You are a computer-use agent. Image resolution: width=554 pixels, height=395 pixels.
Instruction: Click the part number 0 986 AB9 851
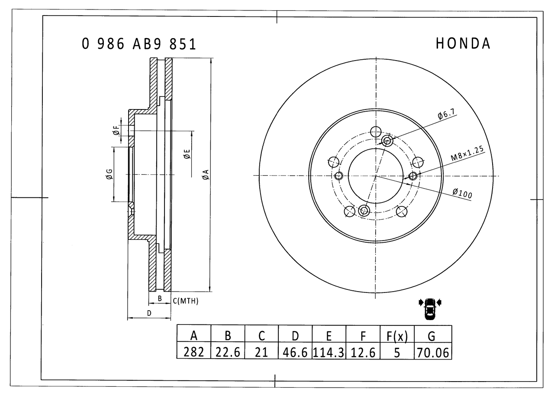click(x=138, y=44)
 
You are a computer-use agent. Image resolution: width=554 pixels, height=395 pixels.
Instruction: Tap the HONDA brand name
click(x=463, y=43)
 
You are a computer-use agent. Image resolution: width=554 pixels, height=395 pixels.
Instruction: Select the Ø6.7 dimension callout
click(x=446, y=115)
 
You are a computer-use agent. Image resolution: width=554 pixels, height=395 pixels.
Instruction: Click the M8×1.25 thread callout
click(x=467, y=154)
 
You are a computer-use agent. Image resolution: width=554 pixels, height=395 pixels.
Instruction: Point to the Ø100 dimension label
click(x=462, y=193)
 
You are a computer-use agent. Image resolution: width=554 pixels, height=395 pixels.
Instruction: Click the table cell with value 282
click(x=194, y=352)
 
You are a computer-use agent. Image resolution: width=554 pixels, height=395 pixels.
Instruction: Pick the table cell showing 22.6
click(x=228, y=352)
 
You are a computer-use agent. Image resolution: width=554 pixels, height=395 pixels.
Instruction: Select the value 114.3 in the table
click(x=329, y=352)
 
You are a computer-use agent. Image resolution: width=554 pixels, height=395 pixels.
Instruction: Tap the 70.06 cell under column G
click(x=433, y=352)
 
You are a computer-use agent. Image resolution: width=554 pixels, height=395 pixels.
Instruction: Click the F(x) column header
click(x=397, y=335)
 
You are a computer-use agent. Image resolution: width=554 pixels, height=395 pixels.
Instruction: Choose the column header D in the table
click(x=295, y=335)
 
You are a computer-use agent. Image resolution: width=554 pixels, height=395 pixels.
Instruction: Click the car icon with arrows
click(x=430, y=308)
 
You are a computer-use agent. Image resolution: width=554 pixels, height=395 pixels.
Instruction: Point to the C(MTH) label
click(x=185, y=301)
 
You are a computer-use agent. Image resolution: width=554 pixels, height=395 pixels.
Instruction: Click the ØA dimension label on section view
click(x=206, y=175)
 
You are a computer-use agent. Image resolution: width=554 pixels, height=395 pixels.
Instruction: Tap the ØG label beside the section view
click(x=109, y=174)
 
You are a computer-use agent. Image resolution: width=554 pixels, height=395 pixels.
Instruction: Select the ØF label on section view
click(x=116, y=130)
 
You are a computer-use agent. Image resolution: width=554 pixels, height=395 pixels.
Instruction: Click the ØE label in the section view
click(x=187, y=154)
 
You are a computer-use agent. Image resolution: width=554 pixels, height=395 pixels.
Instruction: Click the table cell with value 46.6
click(x=295, y=352)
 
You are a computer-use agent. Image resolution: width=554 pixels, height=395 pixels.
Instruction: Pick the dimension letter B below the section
click(x=159, y=299)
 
